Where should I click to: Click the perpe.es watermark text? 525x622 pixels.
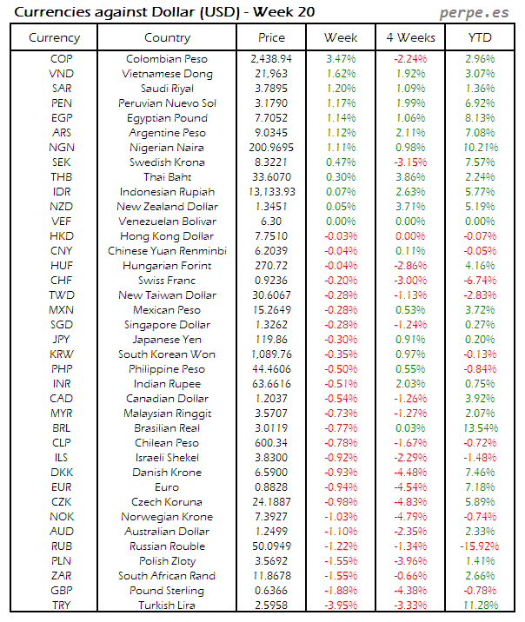[476, 12]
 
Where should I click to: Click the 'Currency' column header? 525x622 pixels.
[54, 37]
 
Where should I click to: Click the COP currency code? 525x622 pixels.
[62, 59]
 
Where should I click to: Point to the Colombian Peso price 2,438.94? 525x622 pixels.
[271, 59]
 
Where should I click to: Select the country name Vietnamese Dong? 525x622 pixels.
[167, 74]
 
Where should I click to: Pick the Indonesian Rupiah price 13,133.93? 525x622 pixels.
[271, 192]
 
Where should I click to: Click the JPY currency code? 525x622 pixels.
[62, 340]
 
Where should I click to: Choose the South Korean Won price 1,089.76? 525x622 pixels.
[271, 354]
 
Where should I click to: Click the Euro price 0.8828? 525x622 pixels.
[271, 487]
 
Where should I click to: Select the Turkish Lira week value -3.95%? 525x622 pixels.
[340, 605]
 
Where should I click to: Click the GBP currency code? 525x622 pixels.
[62, 591]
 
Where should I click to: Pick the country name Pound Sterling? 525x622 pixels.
[167, 591]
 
